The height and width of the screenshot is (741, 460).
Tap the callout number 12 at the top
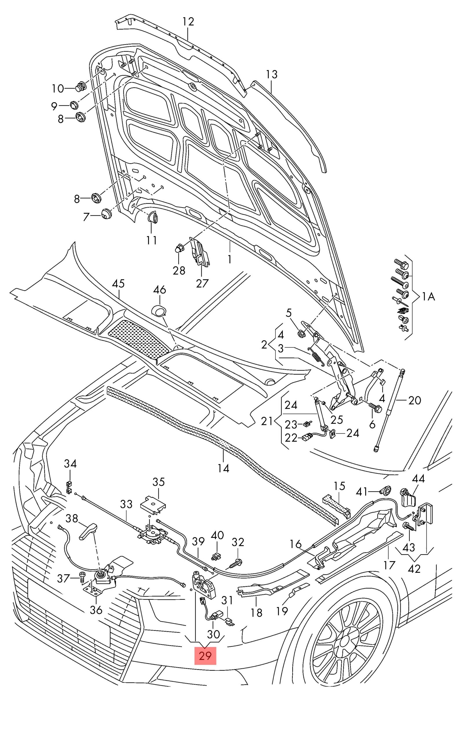188,22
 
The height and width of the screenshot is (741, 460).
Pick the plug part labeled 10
80,87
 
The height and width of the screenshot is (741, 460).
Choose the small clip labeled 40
216,557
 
